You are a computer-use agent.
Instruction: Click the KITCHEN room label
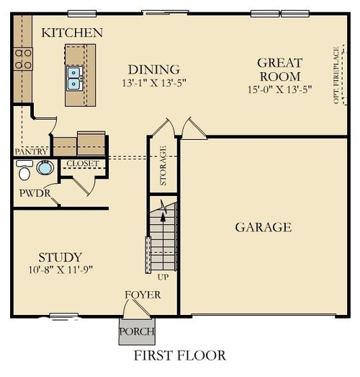[x=72, y=32]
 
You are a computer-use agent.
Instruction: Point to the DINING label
[x=153, y=69]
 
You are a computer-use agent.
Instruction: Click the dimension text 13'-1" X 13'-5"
[x=153, y=83]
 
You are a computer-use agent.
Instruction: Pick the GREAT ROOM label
[x=279, y=69]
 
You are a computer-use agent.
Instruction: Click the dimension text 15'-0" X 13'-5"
[x=279, y=89]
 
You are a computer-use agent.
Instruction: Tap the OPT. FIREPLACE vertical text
[x=336, y=75]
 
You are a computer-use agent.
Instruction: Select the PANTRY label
[x=31, y=152]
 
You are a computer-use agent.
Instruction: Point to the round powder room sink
[x=45, y=169]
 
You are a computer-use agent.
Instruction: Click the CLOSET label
[x=82, y=164]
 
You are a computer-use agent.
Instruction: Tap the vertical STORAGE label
[x=163, y=165]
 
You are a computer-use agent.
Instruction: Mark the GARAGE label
[x=264, y=227]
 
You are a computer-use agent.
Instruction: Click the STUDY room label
[x=60, y=257]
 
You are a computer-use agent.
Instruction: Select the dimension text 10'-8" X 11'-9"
[x=60, y=270]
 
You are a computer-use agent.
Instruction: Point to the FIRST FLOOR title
[x=179, y=355]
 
